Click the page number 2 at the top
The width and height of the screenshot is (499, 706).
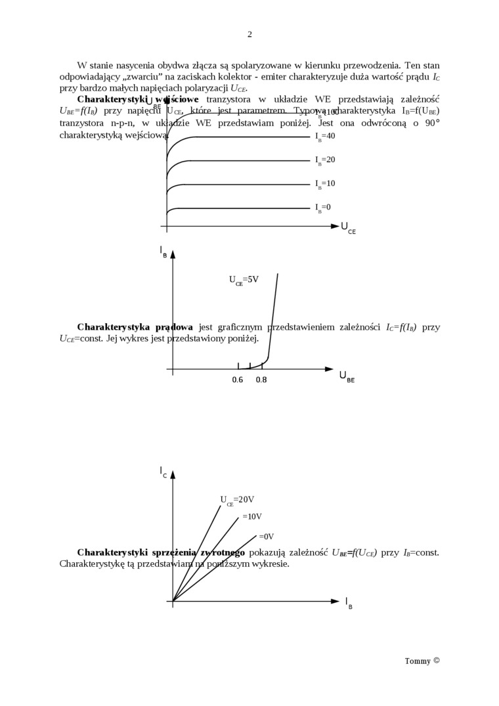pos(249,34)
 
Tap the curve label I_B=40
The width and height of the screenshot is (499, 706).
pos(325,137)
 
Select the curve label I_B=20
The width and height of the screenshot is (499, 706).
pos(325,160)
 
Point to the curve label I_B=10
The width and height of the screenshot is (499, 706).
pos(325,184)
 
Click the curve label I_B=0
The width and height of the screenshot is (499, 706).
pos(323,208)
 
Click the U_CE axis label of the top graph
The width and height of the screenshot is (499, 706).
pos(348,228)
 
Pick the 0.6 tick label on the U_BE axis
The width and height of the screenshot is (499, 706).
pos(238,380)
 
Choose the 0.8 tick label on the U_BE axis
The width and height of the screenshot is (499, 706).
pos(261,380)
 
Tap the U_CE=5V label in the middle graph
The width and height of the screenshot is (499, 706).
pos(244,280)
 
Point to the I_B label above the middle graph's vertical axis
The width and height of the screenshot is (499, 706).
pos(163,251)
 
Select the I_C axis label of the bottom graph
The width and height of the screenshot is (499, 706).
pos(163,472)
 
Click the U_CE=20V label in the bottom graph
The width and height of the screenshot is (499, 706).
pos(237,500)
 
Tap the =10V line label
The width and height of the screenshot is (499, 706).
pos(252,517)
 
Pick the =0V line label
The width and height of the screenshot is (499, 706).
pos(266,537)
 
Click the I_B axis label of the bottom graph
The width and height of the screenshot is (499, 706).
pos(349,602)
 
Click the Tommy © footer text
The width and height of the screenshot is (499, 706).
pos(422,661)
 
